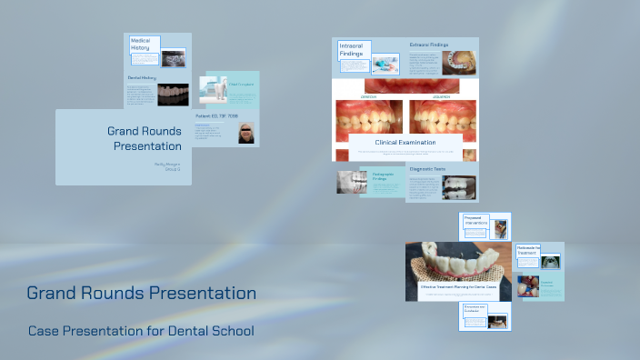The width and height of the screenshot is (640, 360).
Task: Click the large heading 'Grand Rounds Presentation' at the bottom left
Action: (141, 294)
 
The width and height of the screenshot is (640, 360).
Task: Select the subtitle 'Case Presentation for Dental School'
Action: (141, 330)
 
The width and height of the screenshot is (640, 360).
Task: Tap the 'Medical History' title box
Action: (144, 45)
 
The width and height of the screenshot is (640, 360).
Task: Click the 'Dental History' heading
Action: (142, 78)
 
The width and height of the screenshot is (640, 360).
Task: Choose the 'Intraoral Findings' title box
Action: (351, 50)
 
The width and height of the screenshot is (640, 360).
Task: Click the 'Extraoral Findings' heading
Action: (428, 45)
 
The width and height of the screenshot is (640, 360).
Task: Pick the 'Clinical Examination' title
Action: (405, 142)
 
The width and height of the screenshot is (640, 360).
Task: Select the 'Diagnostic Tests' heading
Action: (426, 169)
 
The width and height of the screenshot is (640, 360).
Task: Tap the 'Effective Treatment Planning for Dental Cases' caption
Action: (458, 286)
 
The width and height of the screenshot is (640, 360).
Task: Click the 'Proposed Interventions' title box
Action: (475, 221)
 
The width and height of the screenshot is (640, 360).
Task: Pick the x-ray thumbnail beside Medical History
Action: (174, 55)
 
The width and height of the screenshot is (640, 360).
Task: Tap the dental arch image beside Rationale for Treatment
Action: (550, 261)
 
